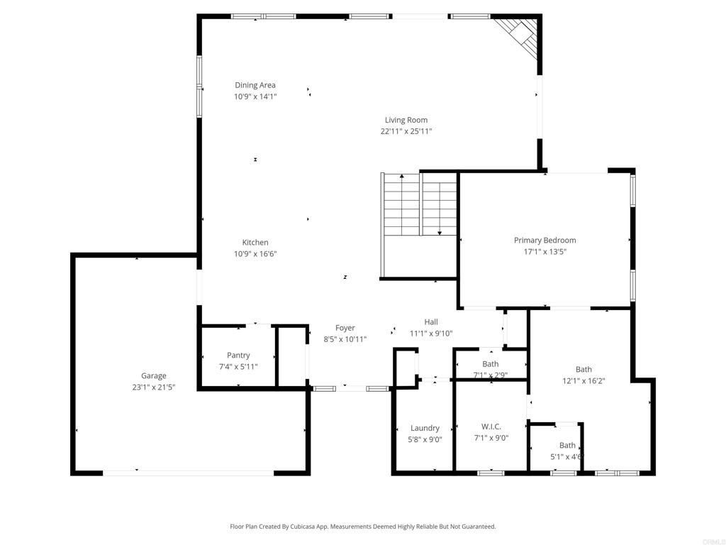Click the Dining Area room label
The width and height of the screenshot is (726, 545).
coord(255,85)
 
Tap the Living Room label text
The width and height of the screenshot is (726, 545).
coord(406,120)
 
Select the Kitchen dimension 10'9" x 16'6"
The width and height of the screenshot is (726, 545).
coord(255,253)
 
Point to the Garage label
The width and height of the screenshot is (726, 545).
coord(153,376)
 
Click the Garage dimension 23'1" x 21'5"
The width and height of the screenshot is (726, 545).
coord(153,387)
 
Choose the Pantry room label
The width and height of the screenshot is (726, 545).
coord(238,356)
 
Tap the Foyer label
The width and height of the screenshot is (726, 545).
coord(345,328)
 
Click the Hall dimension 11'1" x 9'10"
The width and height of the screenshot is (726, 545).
coord(431,334)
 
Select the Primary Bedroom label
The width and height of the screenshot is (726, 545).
coord(544,241)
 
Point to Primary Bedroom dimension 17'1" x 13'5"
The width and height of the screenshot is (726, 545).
coord(544,251)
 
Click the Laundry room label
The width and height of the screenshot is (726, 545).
coord(425,428)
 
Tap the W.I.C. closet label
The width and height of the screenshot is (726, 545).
coord(491,426)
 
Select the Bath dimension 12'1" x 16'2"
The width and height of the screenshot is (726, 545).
coord(583,380)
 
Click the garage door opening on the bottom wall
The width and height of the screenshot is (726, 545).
coord(188,472)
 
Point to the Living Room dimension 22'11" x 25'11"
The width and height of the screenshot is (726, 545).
coord(406,131)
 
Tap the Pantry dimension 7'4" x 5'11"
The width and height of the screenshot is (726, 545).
coord(238,367)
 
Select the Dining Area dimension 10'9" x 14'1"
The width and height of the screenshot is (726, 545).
coord(255,97)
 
